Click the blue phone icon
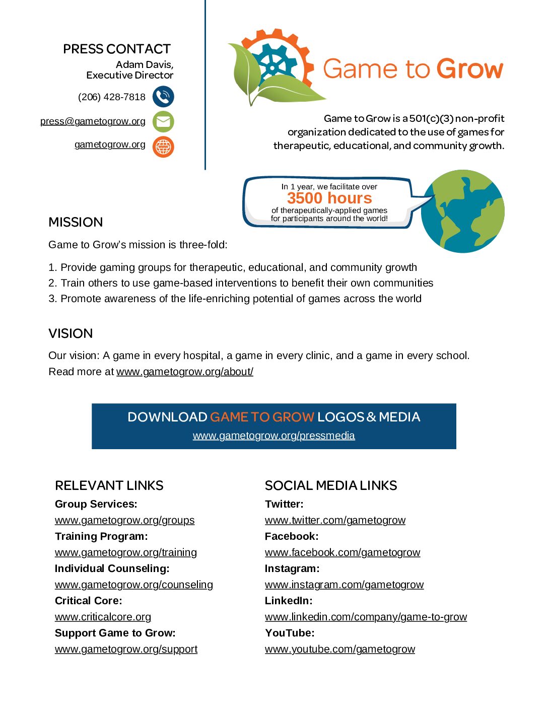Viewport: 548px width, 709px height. coord(163,97)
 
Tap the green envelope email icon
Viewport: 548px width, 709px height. coord(163,121)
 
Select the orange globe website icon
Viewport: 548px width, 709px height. coord(163,147)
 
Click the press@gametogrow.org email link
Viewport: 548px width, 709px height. coord(93,121)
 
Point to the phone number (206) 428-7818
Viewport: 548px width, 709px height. coord(111,97)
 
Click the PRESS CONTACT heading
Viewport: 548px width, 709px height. coord(117,49)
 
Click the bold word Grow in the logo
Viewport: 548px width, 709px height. coord(470,69)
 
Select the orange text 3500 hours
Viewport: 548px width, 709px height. coord(329,198)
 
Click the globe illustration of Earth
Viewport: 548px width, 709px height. coord(462,211)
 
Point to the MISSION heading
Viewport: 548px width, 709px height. coord(76,222)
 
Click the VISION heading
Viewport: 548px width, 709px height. coord(71,333)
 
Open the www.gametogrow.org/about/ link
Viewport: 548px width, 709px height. coord(185,372)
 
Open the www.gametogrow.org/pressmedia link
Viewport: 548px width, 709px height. coord(273,436)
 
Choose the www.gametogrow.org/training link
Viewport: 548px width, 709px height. coord(126,552)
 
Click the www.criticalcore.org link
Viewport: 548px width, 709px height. coord(103,617)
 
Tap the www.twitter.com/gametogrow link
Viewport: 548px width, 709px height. coord(335,520)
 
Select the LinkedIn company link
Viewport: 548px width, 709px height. coord(366,617)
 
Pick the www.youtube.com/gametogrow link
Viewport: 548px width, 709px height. coord(340,649)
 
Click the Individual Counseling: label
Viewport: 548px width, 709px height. coord(112,569)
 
